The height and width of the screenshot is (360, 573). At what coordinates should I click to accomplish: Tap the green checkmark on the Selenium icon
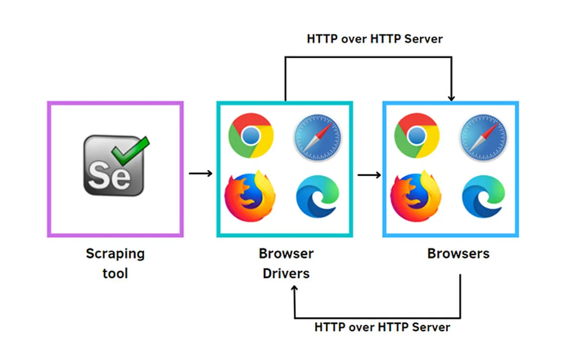click(130, 151)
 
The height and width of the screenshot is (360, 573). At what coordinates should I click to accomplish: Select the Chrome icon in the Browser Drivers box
click(251, 136)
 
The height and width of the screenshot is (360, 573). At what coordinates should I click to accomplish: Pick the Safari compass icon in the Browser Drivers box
click(318, 138)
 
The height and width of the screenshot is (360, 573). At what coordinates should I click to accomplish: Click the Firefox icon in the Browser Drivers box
click(250, 196)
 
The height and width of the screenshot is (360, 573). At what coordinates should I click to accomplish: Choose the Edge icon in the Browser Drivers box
click(318, 197)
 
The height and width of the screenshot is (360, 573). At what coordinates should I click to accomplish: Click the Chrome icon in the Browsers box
click(417, 136)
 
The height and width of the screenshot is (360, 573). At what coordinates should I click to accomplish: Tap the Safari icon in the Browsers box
click(483, 138)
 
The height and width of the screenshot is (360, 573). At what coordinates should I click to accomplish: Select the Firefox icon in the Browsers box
click(416, 196)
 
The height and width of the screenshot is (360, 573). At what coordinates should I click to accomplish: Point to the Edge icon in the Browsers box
click(483, 197)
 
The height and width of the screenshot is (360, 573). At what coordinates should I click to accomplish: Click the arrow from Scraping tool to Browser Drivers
click(201, 173)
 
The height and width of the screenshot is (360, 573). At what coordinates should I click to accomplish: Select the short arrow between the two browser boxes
click(369, 175)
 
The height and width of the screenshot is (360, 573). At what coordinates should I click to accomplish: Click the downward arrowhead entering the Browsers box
click(452, 98)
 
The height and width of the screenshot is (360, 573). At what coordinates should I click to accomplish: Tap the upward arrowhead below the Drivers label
click(295, 288)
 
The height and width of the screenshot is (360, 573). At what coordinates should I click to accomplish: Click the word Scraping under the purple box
click(116, 254)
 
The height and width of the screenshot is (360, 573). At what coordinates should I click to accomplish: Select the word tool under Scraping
click(115, 273)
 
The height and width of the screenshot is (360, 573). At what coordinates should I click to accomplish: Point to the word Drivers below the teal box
click(286, 273)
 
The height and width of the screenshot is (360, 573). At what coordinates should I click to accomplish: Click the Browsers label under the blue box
click(458, 254)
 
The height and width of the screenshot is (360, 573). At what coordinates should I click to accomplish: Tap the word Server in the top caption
click(424, 39)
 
